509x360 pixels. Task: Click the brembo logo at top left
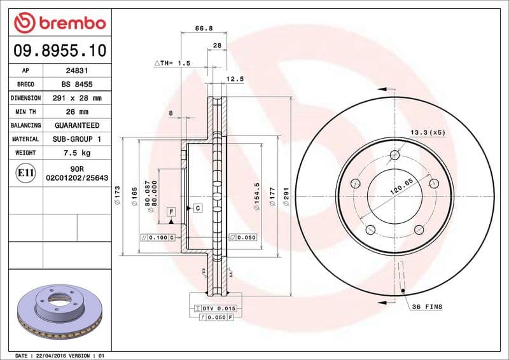(x=59, y=24)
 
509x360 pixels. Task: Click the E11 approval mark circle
(x=25, y=172)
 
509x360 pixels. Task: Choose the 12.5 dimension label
(x=235, y=79)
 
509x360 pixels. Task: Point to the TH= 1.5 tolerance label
(x=172, y=64)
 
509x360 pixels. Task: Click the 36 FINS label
(x=427, y=307)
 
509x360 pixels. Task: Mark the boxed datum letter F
(x=171, y=211)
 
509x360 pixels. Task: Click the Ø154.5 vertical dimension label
(x=257, y=194)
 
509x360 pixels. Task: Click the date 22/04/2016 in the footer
(x=58, y=356)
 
